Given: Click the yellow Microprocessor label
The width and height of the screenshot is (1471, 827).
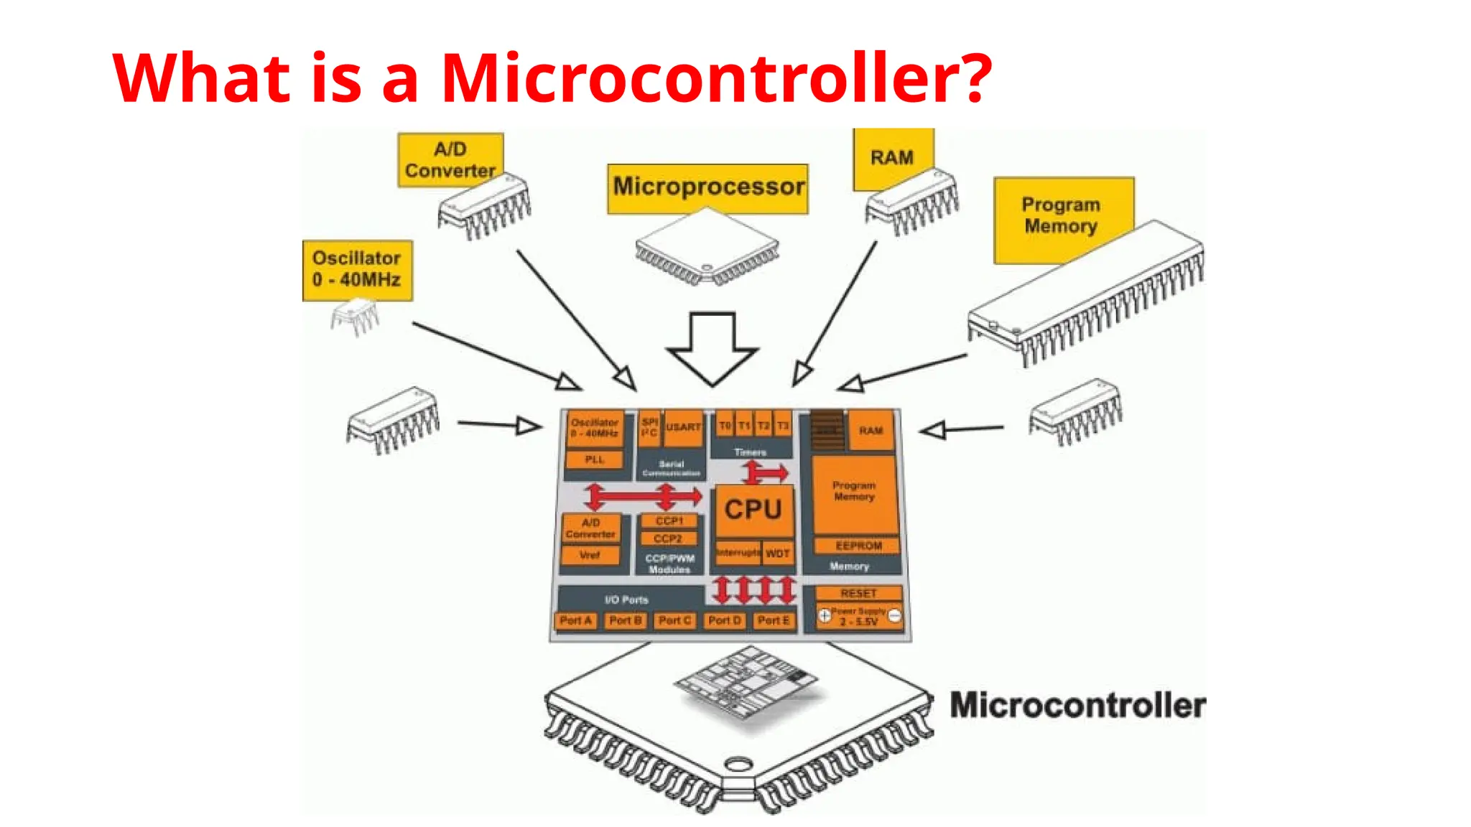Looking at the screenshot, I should pyautogui.click(x=707, y=188).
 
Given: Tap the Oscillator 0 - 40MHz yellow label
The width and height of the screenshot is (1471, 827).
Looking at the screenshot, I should pyautogui.click(x=357, y=269).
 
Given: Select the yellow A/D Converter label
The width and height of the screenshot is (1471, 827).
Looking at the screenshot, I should pyautogui.click(x=450, y=159).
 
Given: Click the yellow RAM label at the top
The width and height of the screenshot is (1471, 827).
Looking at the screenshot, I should pyautogui.click(x=892, y=158).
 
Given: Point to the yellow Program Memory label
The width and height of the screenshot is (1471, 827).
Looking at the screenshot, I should pyautogui.click(x=1062, y=215).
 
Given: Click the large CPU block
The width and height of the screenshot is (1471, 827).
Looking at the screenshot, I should pyautogui.click(x=753, y=510).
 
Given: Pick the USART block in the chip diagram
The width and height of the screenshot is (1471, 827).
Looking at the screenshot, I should pyautogui.click(x=683, y=426).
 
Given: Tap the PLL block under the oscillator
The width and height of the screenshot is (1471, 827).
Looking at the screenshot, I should pyautogui.click(x=594, y=459).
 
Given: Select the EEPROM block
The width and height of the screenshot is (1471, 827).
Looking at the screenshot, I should pyautogui.click(x=858, y=546).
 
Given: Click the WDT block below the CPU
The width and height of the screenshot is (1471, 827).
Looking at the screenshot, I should pyautogui.click(x=778, y=553).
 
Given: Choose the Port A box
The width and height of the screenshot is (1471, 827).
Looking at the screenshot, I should pyautogui.click(x=575, y=620).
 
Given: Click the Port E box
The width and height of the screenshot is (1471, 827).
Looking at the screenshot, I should pyautogui.click(x=774, y=620).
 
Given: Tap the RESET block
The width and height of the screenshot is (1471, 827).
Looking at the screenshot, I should pyautogui.click(x=858, y=593).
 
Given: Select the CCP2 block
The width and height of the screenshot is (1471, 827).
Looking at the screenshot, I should pyautogui.click(x=668, y=538).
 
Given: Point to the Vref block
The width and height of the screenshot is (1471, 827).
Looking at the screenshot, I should pyautogui.click(x=590, y=555).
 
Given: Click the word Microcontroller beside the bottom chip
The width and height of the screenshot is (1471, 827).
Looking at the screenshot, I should pyautogui.click(x=1077, y=705).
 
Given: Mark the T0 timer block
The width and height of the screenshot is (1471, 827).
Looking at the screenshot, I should pyautogui.click(x=725, y=426).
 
